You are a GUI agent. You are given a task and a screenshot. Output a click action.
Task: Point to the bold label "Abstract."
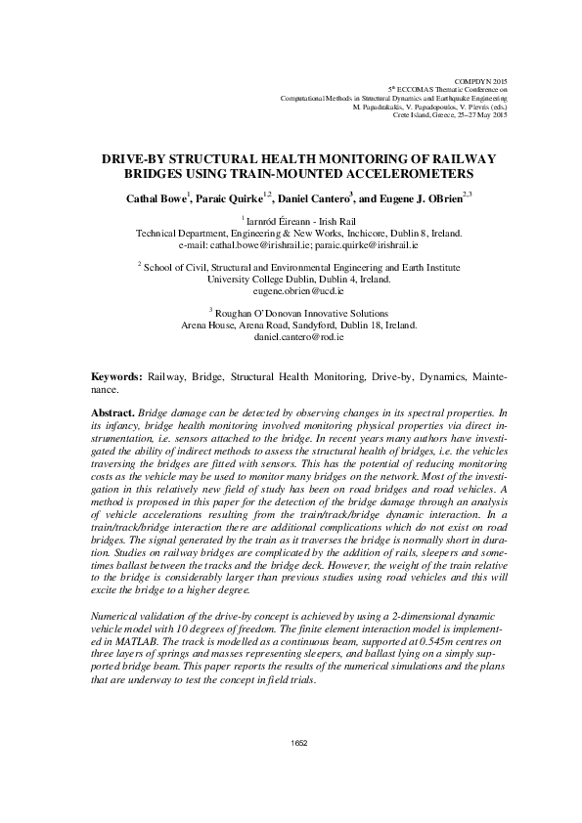click(112, 414)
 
